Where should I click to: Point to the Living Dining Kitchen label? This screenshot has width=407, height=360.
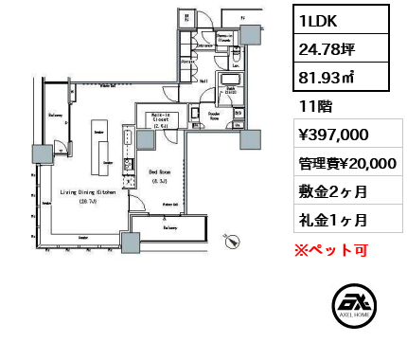(x=87, y=192)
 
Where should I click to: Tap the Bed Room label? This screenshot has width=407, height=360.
(x=159, y=171)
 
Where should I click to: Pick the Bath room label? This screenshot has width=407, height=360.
(x=229, y=89)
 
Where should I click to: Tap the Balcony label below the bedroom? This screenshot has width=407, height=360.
(x=171, y=227)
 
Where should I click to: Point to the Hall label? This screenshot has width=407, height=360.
(x=203, y=81)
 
